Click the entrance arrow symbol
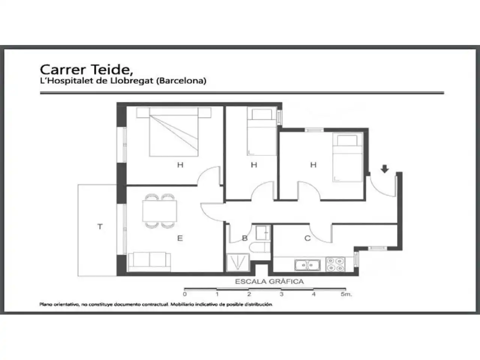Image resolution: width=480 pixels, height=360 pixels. pos(385,169)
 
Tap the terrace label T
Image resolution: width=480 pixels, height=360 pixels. pos(100,226)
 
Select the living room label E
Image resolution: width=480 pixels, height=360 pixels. pos(180,238)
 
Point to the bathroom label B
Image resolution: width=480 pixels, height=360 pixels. pos(245,238)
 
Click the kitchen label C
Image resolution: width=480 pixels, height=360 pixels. pos(307,238)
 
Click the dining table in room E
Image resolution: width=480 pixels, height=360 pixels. pos(160,211)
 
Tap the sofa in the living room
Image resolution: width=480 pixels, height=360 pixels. pos(150,262)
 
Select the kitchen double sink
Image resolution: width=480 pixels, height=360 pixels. pos(307,265)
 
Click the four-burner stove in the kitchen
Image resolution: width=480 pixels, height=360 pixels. pos(335,264)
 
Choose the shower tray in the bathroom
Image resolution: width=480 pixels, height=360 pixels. pos(238,262)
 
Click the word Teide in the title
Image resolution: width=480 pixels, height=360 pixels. pos(112,70)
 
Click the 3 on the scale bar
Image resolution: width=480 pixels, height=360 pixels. pos(282,294)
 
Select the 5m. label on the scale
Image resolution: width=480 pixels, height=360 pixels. pos(346,294)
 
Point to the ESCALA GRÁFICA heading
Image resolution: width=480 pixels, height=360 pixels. pos(269,282)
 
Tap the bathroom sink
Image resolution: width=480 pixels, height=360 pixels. pos(263,233)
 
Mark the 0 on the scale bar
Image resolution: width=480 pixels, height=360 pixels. pos(185,294)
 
